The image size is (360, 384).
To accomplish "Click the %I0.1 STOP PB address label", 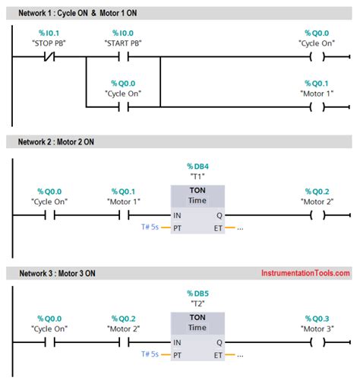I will click(x=49, y=33).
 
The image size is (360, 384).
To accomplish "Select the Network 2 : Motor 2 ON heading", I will click(x=68, y=141).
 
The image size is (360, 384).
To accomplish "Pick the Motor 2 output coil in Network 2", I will click(x=317, y=216).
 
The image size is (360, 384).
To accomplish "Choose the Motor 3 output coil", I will click(x=317, y=342).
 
